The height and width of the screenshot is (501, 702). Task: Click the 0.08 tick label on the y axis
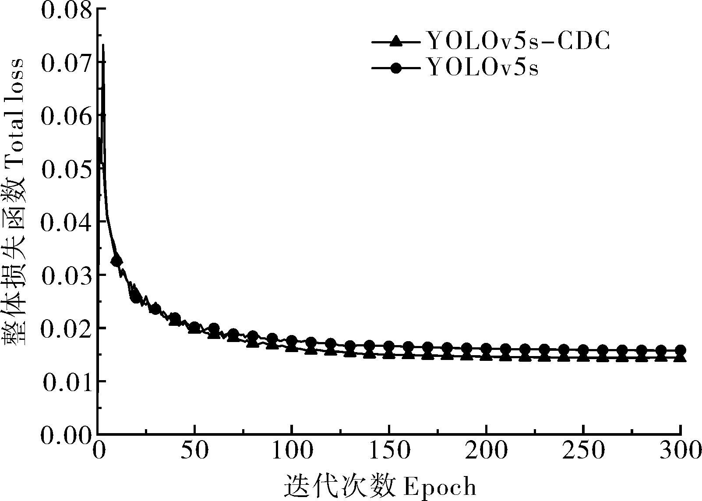[67, 10]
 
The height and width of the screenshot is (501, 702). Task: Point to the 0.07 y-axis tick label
[67, 63]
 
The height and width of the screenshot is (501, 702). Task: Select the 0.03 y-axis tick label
[67, 276]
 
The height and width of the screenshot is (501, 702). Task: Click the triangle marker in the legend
[396, 42]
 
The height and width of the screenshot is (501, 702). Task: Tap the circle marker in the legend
[396, 68]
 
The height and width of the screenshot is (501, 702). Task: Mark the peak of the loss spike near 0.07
[103, 45]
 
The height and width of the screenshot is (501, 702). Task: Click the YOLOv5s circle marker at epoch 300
[680, 350]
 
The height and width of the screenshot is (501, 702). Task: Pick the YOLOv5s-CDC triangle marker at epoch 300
[680, 357]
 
